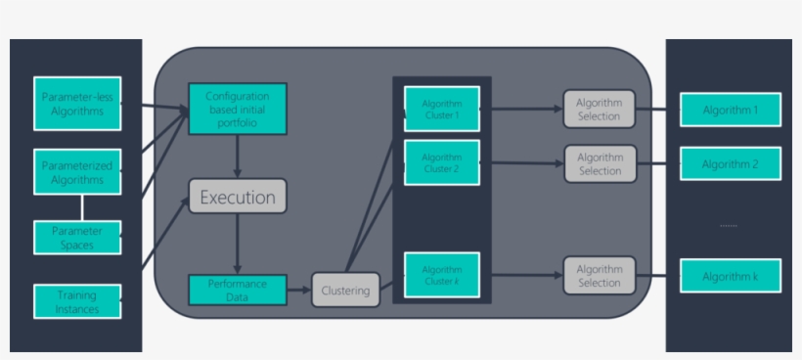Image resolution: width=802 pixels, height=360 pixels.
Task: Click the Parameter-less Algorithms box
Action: pyautogui.click(x=78, y=104)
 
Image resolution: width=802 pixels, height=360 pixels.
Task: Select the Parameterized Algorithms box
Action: pyautogui.click(x=78, y=172)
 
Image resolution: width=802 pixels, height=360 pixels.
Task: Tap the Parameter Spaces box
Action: pyautogui.click(x=78, y=238)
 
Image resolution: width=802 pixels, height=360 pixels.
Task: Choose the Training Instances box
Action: pyautogui.click(x=78, y=301)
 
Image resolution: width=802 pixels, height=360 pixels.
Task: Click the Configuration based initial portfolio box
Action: pyautogui.click(x=237, y=107)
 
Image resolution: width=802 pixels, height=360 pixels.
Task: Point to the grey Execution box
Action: pyautogui.click(x=237, y=197)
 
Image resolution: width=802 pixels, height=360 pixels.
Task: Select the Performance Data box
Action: pyautogui.click(x=237, y=290)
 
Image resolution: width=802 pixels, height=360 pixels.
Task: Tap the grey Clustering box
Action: pyautogui.click(x=345, y=291)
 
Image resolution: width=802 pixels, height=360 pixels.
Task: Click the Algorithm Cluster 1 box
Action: pyautogui.click(x=441, y=109)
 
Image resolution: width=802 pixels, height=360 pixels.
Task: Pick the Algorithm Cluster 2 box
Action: pyautogui.click(x=441, y=162)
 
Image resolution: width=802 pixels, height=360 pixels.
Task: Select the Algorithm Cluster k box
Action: pyautogui.click(x=441, y=275)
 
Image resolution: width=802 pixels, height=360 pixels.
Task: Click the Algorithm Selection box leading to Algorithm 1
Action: pyautogui.click(x=600, y=110)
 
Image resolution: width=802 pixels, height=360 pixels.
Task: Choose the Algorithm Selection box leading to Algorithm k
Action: pyautogui.click(x=600, y=276)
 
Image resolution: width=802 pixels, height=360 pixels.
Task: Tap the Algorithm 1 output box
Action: pyautogui.click(x=730, y=110)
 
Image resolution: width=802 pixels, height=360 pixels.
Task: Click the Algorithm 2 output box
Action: pyautogui.click(x=730, y=163)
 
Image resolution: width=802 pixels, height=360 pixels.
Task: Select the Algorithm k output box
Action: pyautogui.click(x=730, y=276)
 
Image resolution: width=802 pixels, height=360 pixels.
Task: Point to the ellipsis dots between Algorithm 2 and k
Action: pyautogui.click(x=729, y=225)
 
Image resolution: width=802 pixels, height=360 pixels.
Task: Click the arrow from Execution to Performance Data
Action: pyautogui.click(x=237, y=245)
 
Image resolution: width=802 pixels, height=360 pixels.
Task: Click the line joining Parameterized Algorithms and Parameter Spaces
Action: pyautogui.click(x=82, y=206)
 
